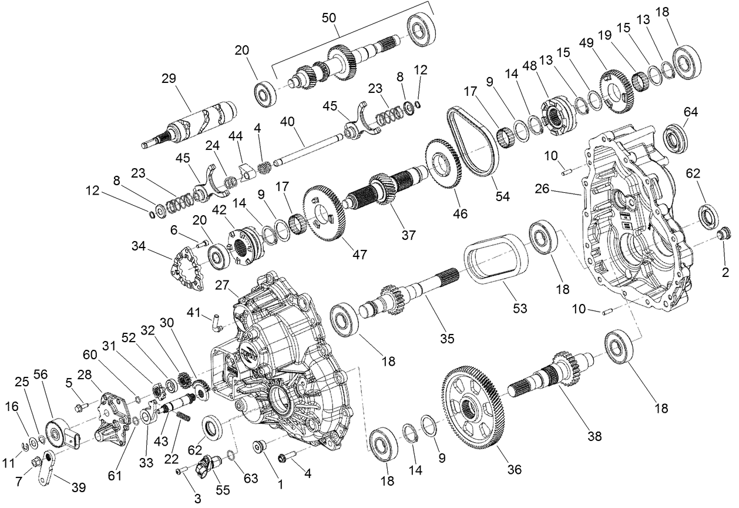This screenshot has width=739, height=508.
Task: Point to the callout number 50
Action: (329, 18)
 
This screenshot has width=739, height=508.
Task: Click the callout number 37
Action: (408, 235)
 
